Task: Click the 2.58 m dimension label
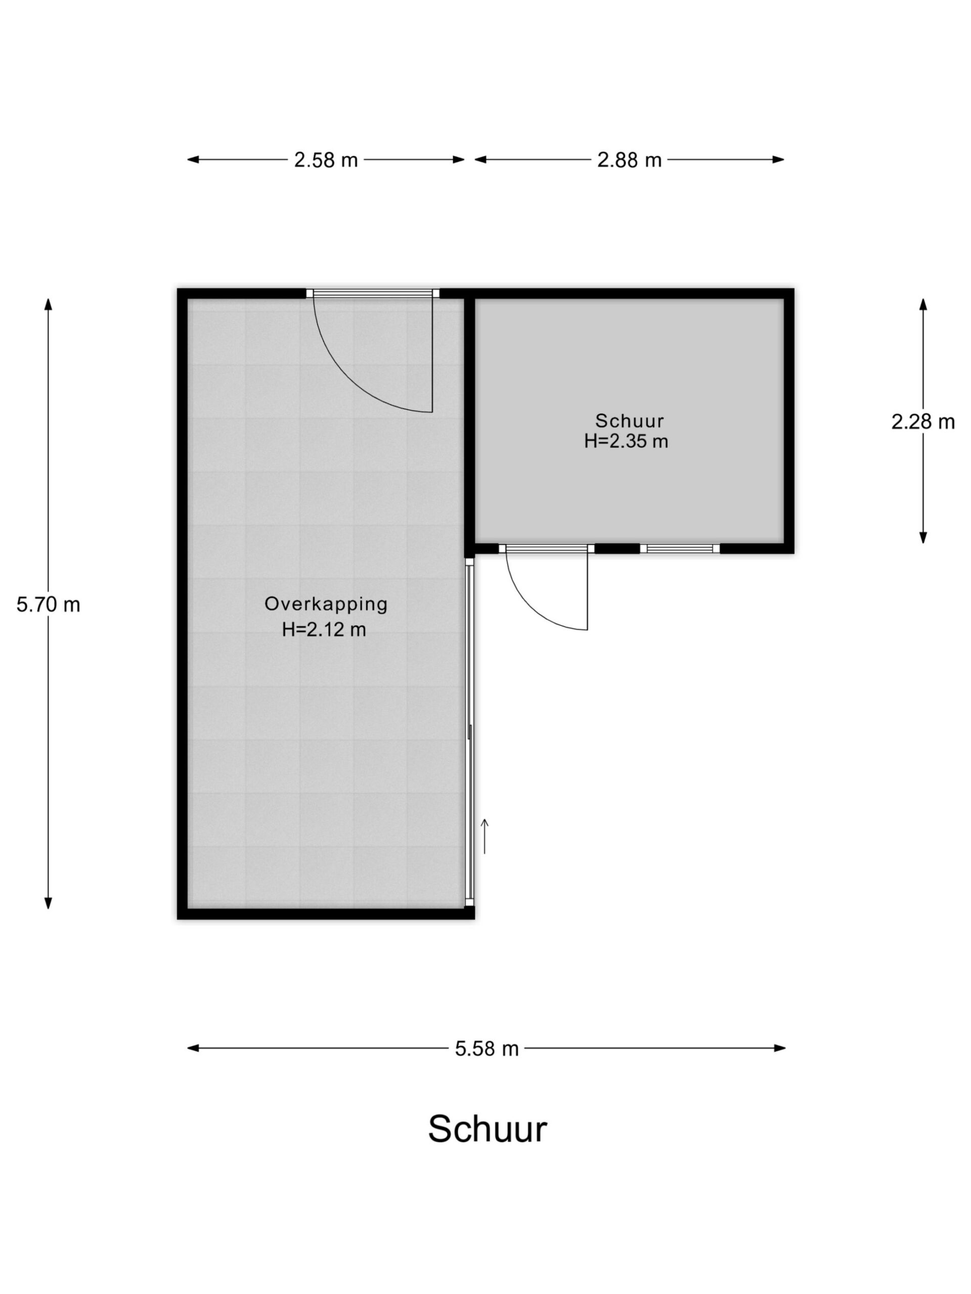click(325, 160)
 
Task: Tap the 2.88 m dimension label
click(629, 160)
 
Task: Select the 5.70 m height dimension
click(48, 605)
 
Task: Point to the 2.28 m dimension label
click(923, 421)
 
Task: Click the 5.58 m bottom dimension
click(487, 1049)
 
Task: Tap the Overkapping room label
click(326, 604)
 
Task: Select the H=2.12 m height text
click(324, 629)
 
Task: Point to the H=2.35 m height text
click(626, 441)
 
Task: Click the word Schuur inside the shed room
click(629, 421)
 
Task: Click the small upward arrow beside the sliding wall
click(484, 837)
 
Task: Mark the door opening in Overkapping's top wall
click(373, 293)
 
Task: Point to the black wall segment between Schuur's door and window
click(617, 548)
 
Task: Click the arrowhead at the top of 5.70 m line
click(48, 304)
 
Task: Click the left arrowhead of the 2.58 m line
click(193, 160)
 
